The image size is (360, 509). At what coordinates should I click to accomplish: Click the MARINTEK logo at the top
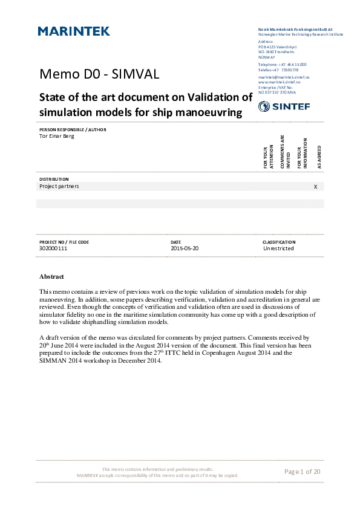click(x=74, y=31)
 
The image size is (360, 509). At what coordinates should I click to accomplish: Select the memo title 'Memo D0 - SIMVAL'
click(x=99, y=74)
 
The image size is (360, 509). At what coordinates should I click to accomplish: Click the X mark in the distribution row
click(x=315, y=187)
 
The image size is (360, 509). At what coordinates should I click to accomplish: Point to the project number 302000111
click(x=53, y=248)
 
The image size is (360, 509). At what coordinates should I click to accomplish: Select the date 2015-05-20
click(x=185, y=248)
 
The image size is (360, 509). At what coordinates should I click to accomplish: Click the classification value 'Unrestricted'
click(x=278, y=248)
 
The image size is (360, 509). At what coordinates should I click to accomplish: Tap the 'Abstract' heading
click(x=51, y=276)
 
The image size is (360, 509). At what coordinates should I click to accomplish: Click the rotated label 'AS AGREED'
click(x=319, y=157)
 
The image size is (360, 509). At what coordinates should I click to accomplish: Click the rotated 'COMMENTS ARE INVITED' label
click(x=285, y=152)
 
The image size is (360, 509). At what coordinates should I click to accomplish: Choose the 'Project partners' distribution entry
click(x=59, y=186)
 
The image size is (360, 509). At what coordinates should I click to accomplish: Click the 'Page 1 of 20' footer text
click(x=302, y=472)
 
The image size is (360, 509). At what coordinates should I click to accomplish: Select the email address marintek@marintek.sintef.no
click(x=284, y=78)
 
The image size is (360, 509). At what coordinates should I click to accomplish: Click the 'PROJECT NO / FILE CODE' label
click(x=64, y=242)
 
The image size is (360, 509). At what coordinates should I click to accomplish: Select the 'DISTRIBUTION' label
click(x=54, y=180)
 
